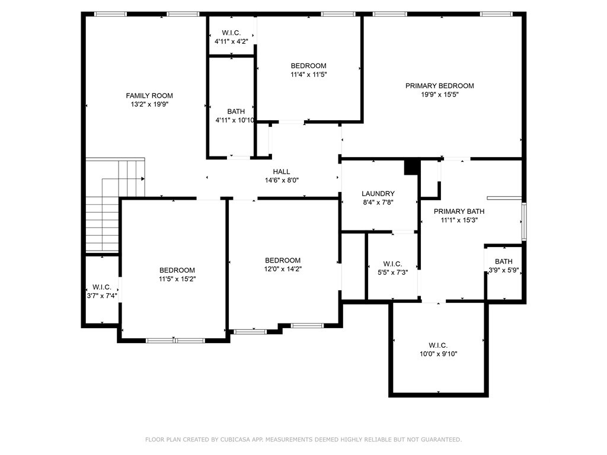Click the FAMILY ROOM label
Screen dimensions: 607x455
point(149,95)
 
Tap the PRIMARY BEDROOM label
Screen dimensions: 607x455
point(439,86)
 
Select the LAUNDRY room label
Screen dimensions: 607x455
point(378,194)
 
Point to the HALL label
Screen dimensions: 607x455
point(282,171)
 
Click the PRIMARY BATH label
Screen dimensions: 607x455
point(459,212)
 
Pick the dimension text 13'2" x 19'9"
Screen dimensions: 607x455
point(149,104)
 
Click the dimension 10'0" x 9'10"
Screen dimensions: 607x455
point(439,354)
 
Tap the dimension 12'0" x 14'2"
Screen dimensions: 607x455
point(283,269)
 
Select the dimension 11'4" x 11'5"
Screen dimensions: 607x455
point(308,74)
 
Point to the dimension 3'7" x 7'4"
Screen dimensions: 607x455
point(102,296)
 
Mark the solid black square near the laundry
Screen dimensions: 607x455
point(413,167)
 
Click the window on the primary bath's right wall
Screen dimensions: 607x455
point(524,222)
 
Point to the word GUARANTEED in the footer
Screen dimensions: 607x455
point(442,440)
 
